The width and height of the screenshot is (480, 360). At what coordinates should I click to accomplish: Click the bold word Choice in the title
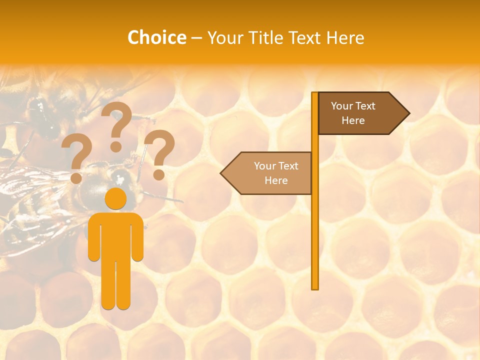click(156, 37)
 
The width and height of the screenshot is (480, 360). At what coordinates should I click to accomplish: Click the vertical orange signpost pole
click(315, 225)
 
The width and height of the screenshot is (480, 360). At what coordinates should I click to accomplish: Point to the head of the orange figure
click(116, 198)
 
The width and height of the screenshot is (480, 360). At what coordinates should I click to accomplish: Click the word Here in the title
click(345, 37)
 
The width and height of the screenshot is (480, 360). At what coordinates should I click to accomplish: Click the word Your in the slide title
click(225, 37)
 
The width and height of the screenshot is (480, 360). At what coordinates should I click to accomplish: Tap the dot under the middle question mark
click(116, 146)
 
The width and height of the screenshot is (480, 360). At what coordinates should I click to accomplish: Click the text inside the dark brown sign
click(353, 113)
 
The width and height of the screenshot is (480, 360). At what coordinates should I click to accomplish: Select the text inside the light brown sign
click(276, 173)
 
